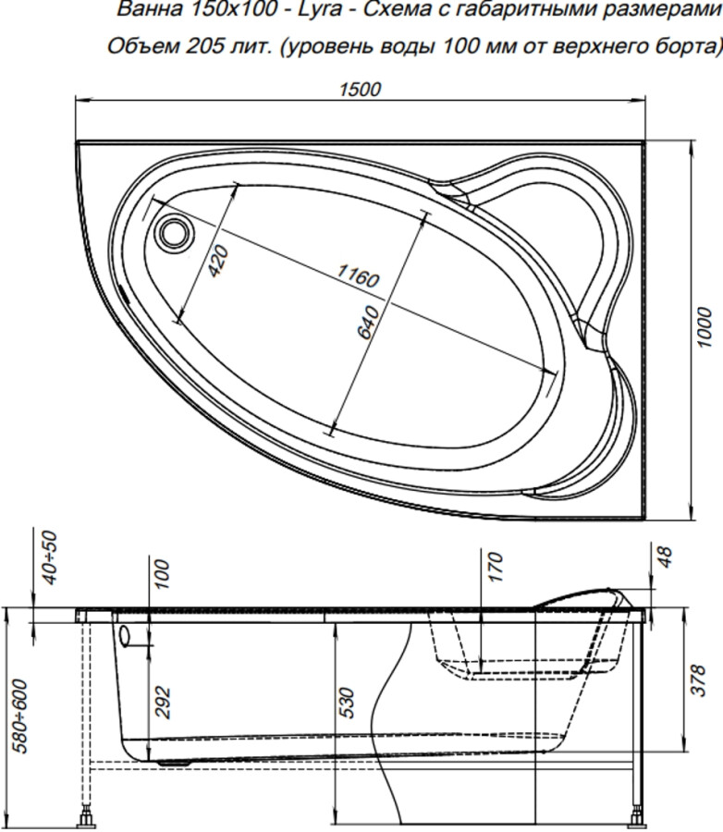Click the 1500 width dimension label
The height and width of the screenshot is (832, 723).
361,90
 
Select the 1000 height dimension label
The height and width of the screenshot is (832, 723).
705,327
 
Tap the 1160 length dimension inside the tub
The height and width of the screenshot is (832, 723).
357,275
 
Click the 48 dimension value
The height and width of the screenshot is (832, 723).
665,557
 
